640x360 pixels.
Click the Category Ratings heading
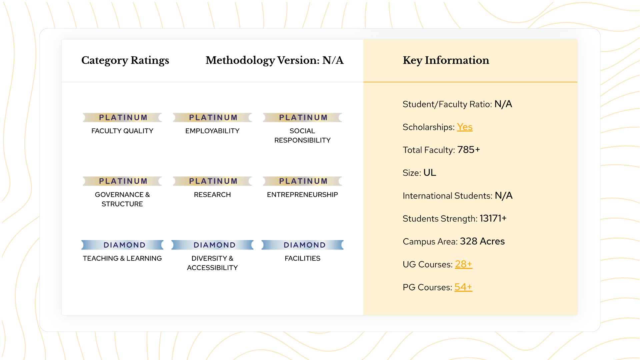pos(125,60)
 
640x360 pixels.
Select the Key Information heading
pos(446,60)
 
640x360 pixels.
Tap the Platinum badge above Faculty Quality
pos(123,117)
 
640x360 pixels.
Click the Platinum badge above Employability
pos(213,117)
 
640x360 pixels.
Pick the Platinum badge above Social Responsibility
pos(303,117)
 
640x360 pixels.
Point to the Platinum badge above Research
pos(213,181)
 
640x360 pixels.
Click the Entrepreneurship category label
pos(302,195)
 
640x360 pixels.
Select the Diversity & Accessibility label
pos(212,263)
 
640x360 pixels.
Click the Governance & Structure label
pos(122,199)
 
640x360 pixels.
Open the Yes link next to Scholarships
pos(464,127)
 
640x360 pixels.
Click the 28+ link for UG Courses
pos(463,264)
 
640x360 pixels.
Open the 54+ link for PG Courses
pos(463,287)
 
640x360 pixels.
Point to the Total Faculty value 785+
pos(468,150)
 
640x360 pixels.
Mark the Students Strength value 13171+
pos(493,218)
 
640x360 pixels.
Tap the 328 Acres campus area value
pos(482,241)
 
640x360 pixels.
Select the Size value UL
pos(430,173)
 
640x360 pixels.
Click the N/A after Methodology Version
pos(333,60)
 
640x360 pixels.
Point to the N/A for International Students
pos(503,196)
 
